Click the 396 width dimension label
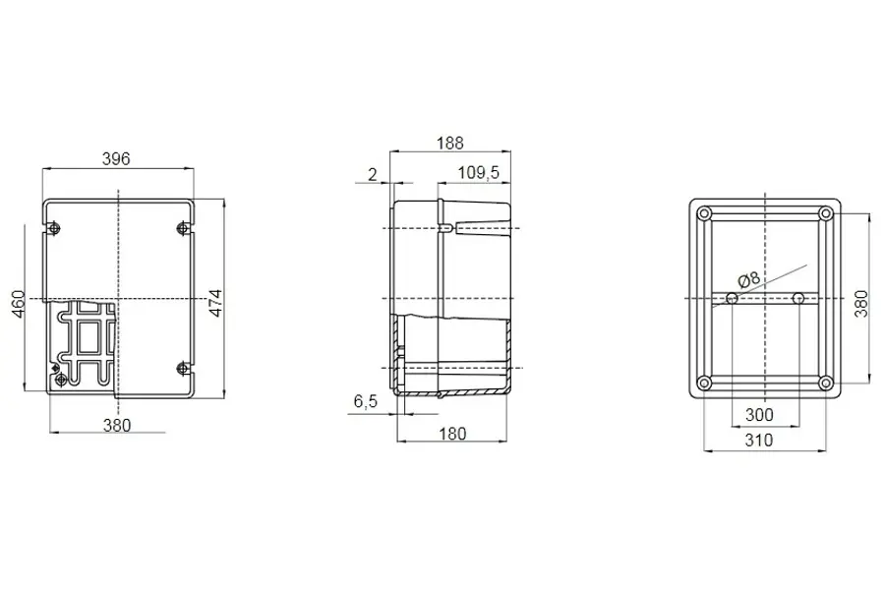tap(116, 158)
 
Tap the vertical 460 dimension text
tap(19, 304)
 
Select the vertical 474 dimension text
tap(216, 303)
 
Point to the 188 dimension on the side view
tap(449, 143)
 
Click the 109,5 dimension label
tap(478, 172)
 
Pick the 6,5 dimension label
tap(365, 401)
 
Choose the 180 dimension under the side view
tap(452, 434)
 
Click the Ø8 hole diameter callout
tap(749, 279)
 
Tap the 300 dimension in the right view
tap(759, 415)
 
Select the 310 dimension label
tap(758, 440)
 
